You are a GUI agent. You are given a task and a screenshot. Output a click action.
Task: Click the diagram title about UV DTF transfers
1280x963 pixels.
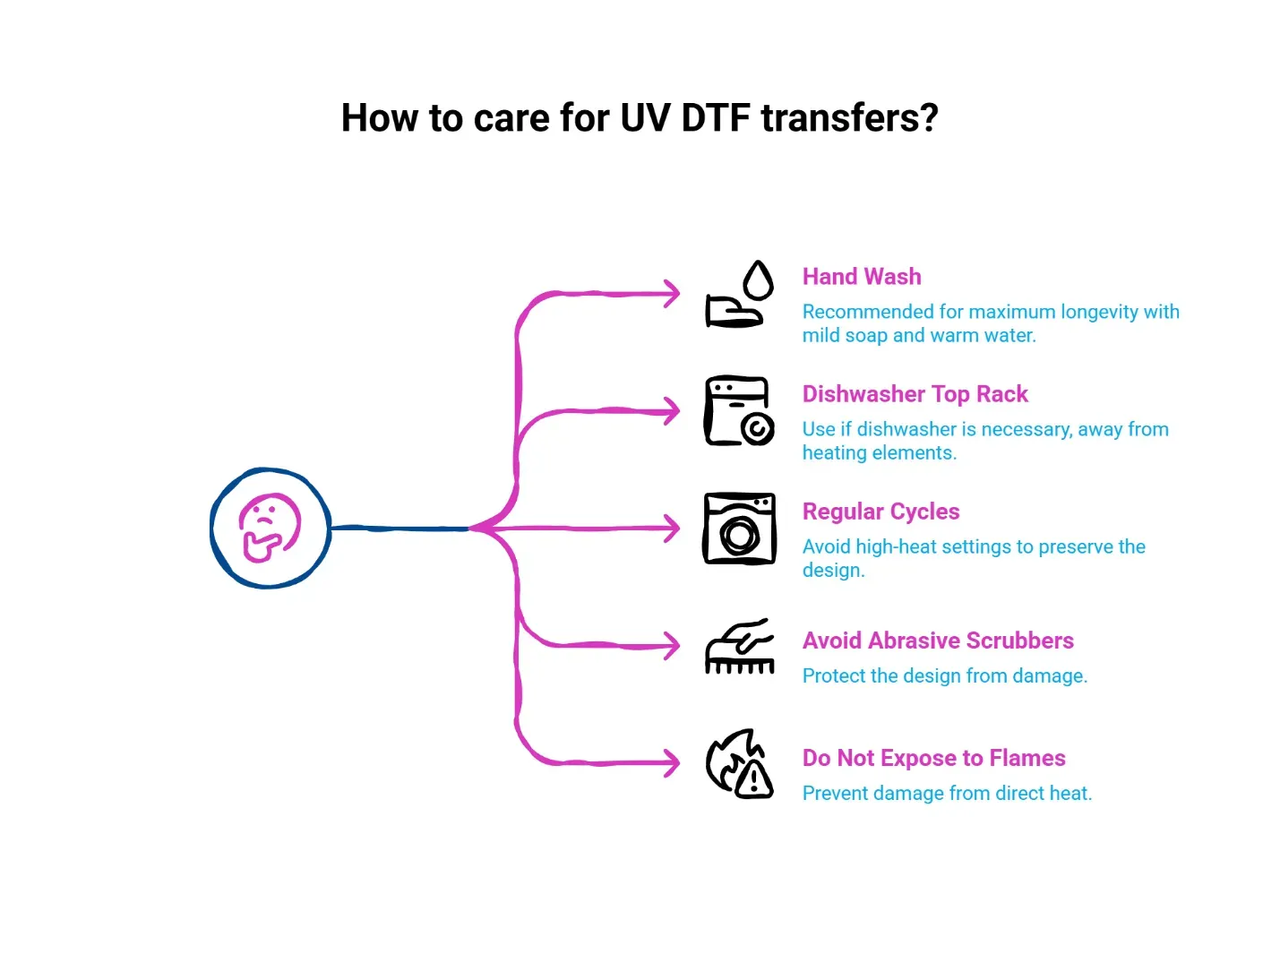coord(640,117)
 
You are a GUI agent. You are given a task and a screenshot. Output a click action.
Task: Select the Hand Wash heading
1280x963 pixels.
coord(862,276)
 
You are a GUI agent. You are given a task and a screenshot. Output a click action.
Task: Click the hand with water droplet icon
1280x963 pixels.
coord(739,294)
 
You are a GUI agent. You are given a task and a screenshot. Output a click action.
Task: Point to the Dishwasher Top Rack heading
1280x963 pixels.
coord(915,394)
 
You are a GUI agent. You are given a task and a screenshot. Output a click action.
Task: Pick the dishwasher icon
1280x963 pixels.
coord(739,411)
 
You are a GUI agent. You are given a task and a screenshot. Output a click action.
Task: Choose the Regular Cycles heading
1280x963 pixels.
coord(881,512)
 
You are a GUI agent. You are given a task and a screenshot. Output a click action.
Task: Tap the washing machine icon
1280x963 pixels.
coord(739,529)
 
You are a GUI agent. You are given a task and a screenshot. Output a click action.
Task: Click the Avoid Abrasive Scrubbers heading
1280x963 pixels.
coord(938,641)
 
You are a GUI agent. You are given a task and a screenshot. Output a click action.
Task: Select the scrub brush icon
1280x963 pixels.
coord(739,647)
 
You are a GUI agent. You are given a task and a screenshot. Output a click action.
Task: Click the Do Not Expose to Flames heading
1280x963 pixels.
coord(933,758)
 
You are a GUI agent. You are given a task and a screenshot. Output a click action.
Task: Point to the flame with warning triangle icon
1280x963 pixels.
coord(739,763)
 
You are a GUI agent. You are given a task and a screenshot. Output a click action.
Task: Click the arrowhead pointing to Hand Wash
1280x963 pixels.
coord(673,294)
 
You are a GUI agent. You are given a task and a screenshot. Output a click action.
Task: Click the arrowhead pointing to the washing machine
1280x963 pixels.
coord(673,529)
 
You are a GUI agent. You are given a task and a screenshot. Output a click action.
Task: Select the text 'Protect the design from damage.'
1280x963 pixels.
coord(945,675)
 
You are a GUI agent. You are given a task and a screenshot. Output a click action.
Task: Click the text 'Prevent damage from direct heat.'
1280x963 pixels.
coord(947,794)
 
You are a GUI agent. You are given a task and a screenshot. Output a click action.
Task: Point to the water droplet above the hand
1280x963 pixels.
coord(758,279)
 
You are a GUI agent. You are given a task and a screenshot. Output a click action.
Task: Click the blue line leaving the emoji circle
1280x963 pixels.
coord(400,529)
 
